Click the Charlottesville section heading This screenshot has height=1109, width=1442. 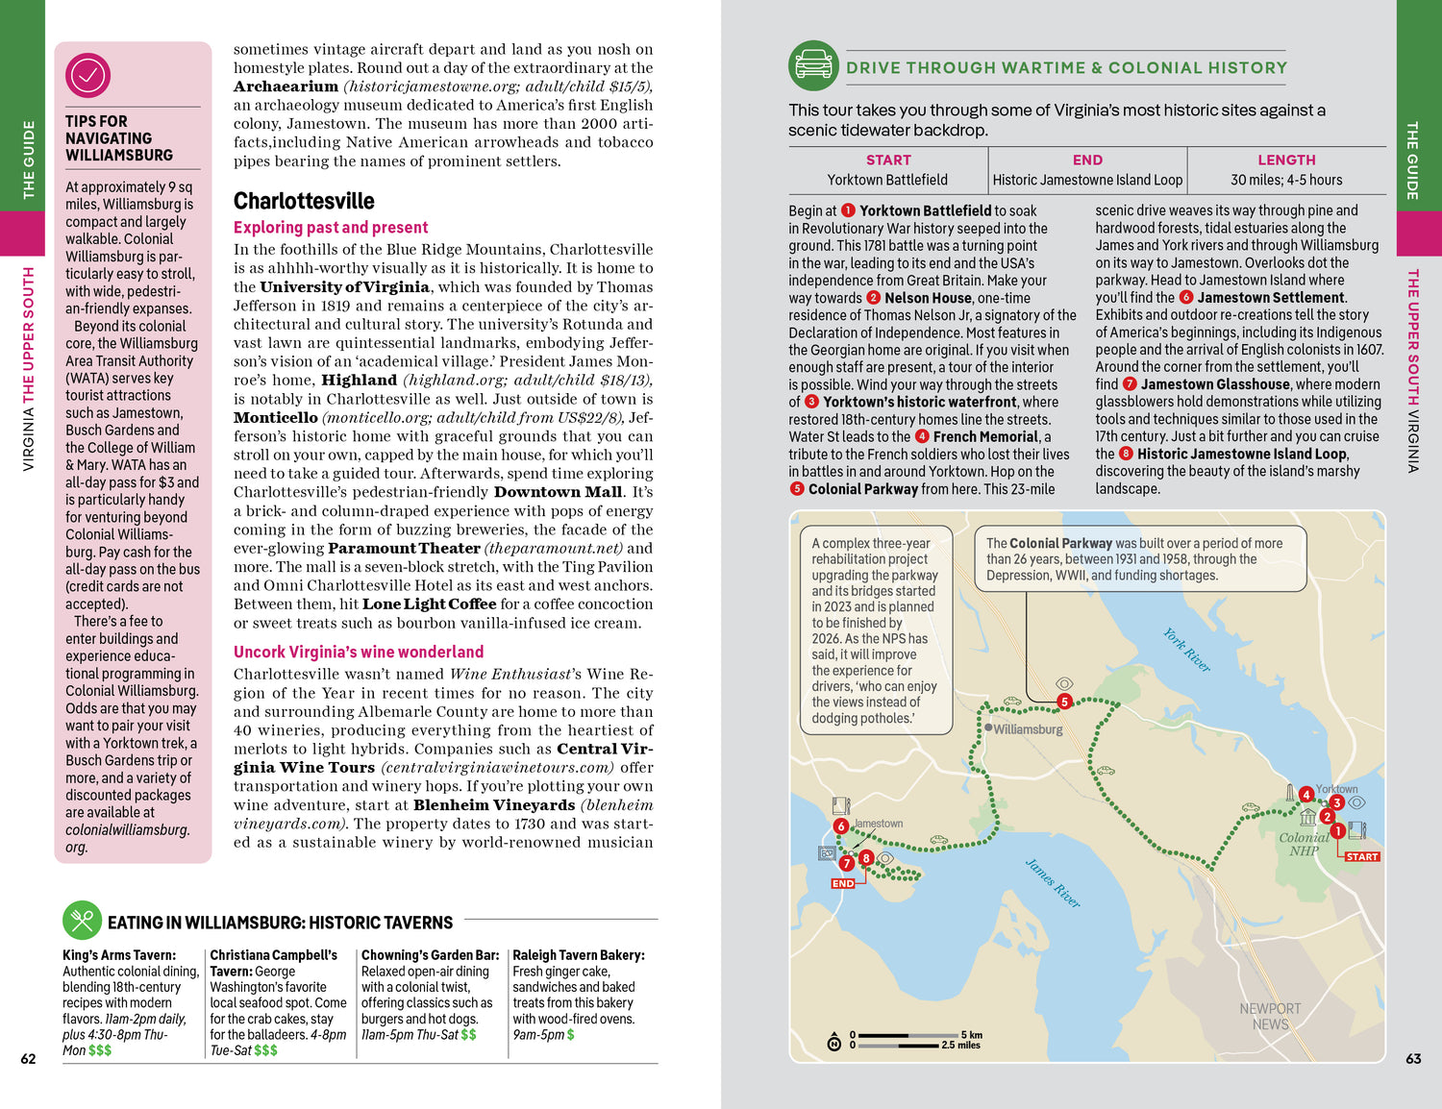304,201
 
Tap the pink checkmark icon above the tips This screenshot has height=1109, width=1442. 87,75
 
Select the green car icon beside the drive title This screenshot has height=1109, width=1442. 813,65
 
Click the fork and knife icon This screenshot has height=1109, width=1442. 82,921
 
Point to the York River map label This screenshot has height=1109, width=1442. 1186,650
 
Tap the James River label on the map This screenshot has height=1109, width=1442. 1053,883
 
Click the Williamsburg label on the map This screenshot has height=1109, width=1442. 1028,729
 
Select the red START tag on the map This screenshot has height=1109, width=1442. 1361,856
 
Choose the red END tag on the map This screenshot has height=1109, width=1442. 843,883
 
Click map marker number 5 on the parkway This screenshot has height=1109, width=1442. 1064,702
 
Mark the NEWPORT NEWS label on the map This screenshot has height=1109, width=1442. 1270,1016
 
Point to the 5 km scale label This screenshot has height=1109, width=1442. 971,1035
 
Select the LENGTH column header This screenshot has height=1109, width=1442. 1285,160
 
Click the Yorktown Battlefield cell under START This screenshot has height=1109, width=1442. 887,180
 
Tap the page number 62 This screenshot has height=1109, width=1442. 28,1059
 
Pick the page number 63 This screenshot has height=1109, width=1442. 1413,1059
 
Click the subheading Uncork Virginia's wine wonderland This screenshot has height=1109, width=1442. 359,652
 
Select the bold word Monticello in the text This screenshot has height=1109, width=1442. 276,418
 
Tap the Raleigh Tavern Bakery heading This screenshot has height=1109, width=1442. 579,955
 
